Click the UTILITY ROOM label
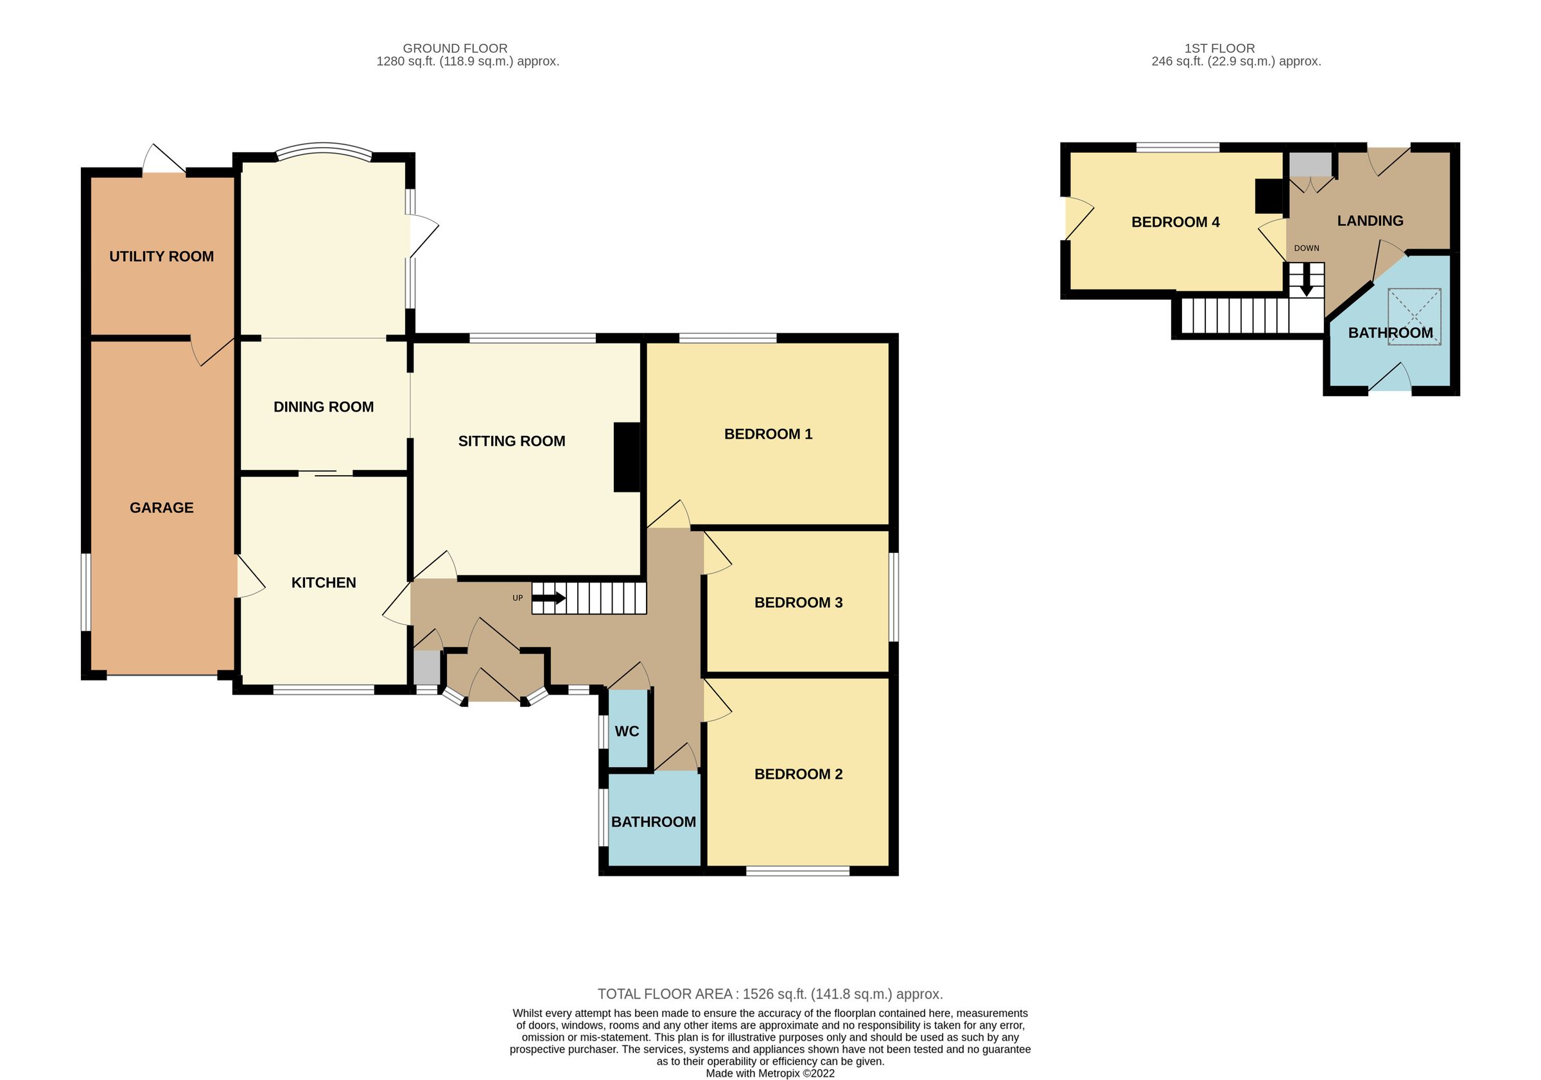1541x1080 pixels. click(x=161, y=256)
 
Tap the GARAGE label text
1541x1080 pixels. click(x=161, y=508)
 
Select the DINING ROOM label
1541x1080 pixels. click(x=324, y=406)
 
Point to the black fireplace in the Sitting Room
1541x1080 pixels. click(x=627, y=457)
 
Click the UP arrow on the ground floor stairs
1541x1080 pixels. click(x=550, y=597)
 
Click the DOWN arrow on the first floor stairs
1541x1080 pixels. click(x=1306, y=282)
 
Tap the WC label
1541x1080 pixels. click(x=627, y=731)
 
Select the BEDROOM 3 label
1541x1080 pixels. click(x=798, y=603)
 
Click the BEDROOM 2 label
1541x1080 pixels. click(x=798, y=774)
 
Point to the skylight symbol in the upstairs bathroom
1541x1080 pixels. click(x=1414, y=316)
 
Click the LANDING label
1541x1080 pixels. click(x=1370, y=221)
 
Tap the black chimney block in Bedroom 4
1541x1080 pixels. click(x=1269, y=196)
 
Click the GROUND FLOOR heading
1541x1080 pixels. click(x=455, y=48)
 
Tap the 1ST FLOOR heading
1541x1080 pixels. click(x=1219, y=48)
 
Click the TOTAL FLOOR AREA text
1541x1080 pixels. click(x=770, y=994)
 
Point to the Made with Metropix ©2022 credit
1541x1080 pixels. click(x=770, y=1073)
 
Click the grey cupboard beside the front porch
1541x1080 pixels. click(x=426, y=667)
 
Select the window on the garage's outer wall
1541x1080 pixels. click(x=86, y=592)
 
